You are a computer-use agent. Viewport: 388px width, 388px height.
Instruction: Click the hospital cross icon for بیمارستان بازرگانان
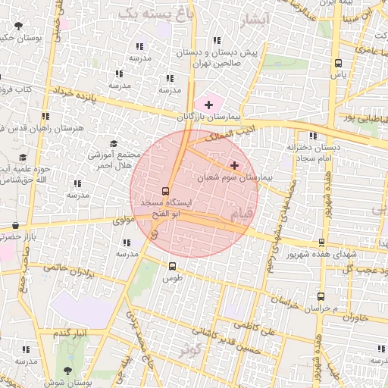click(x=208, y=103)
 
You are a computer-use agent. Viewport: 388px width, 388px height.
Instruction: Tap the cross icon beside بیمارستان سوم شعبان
click(x=234, y=164)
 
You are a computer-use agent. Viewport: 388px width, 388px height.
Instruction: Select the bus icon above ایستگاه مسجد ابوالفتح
click(x=166, y=191)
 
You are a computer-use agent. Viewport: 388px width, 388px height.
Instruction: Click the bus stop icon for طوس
click(x=173, y=266)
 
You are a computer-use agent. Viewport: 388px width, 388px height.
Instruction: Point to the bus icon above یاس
click(x=338, y=64)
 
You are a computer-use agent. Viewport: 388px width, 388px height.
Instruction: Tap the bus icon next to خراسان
click(x=321, y=296)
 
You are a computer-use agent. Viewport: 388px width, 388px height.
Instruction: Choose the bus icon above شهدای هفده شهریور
click(x=322, y=242)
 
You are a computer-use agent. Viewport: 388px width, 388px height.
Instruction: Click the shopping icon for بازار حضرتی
click(x=16, y=225)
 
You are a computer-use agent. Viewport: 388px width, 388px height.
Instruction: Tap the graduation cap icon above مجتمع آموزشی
click(x=114, y=143)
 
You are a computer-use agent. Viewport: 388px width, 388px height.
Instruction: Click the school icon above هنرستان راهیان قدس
click(x=46, y=116)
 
